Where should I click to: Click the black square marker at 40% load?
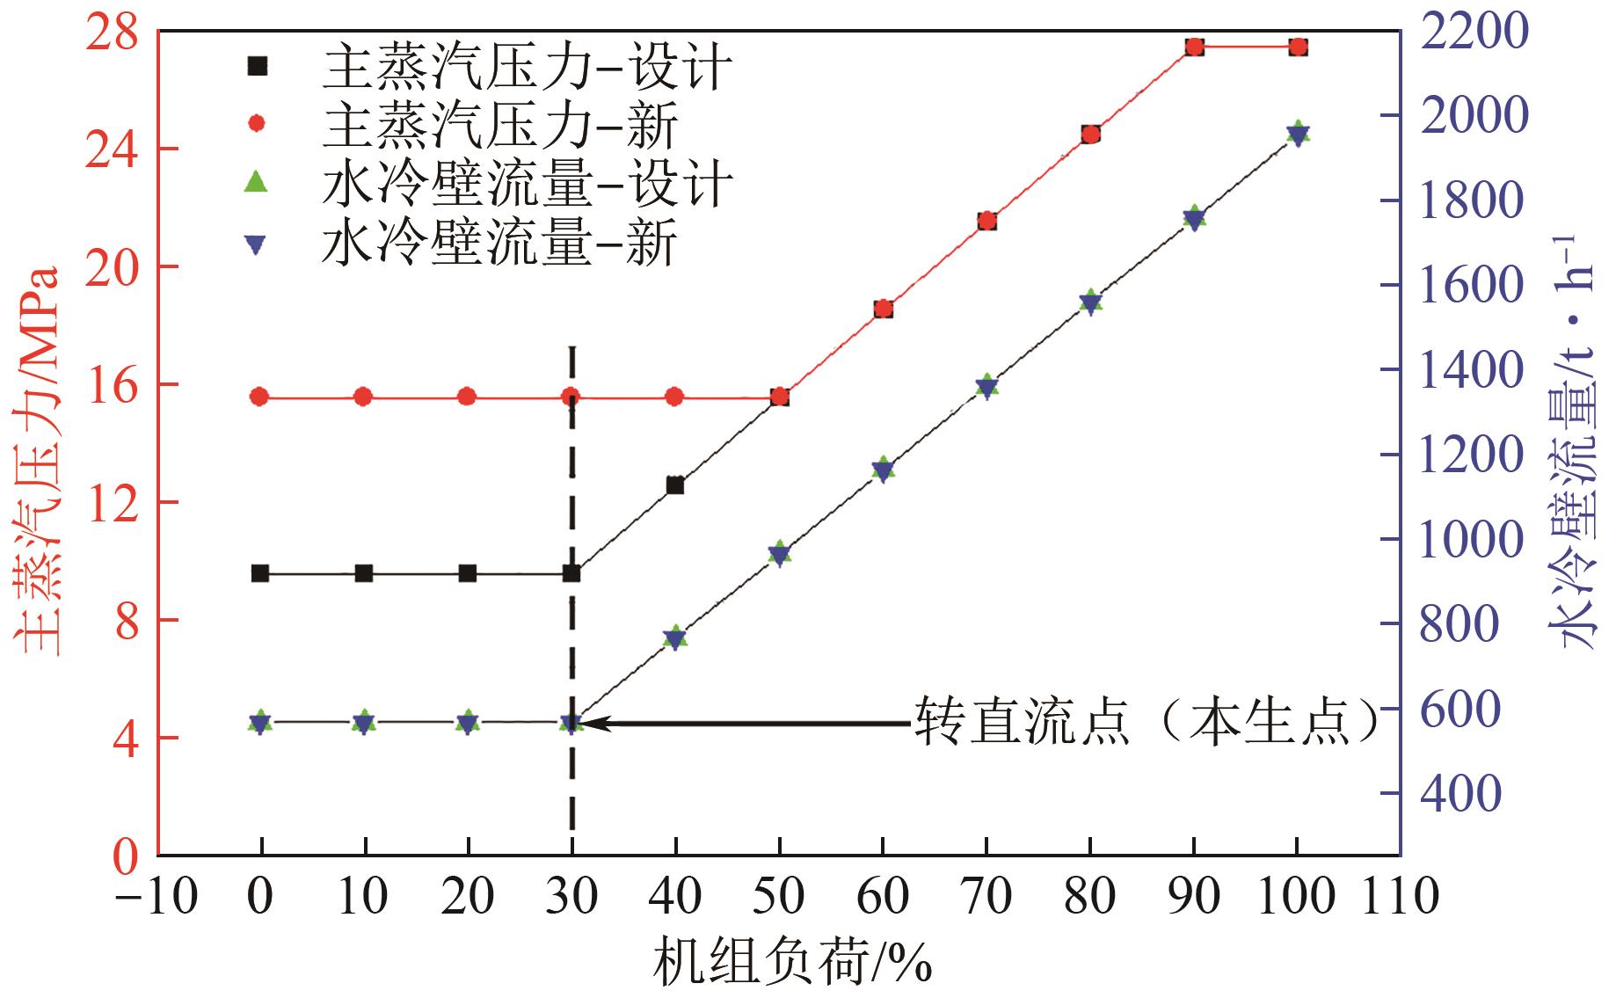[675, 485]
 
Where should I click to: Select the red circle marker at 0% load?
[259, 397]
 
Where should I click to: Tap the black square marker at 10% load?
[364, 574]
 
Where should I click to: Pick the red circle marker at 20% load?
[468, 397]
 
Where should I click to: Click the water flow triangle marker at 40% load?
[675, 637]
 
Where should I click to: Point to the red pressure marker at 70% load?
[986, 221]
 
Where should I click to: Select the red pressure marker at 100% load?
[1298, 47]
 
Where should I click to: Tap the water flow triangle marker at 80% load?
[1090, 302]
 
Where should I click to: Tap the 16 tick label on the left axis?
[112, 385]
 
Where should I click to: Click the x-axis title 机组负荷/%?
[791, 960]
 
